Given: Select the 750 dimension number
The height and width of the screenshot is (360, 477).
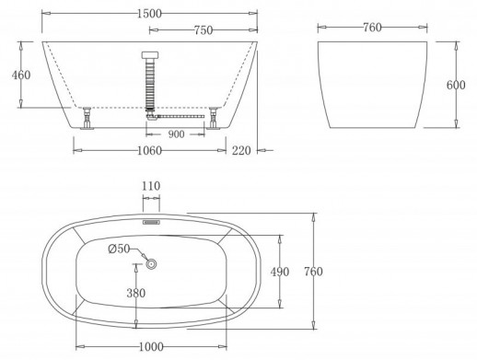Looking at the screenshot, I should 204,29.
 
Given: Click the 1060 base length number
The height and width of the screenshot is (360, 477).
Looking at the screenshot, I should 151,151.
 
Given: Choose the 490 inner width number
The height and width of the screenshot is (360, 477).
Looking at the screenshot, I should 281,272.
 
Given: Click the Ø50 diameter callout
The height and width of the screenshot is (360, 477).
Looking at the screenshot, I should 120,250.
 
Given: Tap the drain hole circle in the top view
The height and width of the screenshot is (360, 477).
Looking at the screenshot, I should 151,265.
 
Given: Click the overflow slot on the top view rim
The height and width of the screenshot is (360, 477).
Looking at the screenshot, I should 151,221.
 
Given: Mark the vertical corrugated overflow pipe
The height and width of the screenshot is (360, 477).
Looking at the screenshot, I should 151,84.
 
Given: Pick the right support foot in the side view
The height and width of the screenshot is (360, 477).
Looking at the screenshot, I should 214,119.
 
